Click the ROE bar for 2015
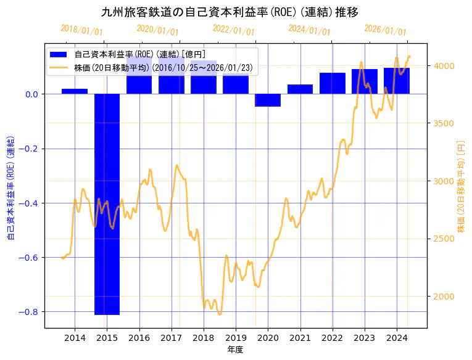coord(107,203)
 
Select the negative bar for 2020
coord(268,100)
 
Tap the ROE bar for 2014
coord(75,91)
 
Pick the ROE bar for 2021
coord(300,89)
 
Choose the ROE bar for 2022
coord(332,83)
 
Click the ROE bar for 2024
coord(396,81)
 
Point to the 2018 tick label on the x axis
coord(204,338)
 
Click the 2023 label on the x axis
coord(364,338)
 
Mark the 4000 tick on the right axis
coord(445,66)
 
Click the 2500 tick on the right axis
coord(445,239)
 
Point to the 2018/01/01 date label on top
coord(82,30)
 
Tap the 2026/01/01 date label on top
coord(386,30)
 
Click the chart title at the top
coord(230,12)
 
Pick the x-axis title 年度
coord(236,350)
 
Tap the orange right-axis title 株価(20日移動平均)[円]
coord(460,186)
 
